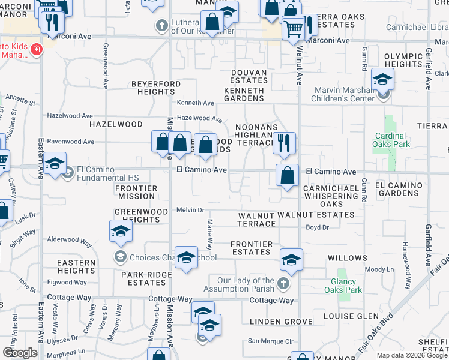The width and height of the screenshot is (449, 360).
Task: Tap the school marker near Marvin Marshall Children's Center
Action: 382,79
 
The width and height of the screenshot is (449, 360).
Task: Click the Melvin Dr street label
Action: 191,210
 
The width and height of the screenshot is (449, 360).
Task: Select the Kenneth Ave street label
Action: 195,103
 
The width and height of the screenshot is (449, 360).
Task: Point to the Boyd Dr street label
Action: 318,227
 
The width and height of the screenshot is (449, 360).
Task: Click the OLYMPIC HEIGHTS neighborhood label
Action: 403,60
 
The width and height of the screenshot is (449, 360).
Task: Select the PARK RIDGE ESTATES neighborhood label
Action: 143,278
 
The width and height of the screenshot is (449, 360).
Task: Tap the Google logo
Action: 20,353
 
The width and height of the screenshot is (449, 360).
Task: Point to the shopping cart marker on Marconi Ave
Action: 292,28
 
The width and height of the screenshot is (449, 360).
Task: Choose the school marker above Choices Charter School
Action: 121,230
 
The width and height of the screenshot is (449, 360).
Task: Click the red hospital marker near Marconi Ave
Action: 36,49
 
